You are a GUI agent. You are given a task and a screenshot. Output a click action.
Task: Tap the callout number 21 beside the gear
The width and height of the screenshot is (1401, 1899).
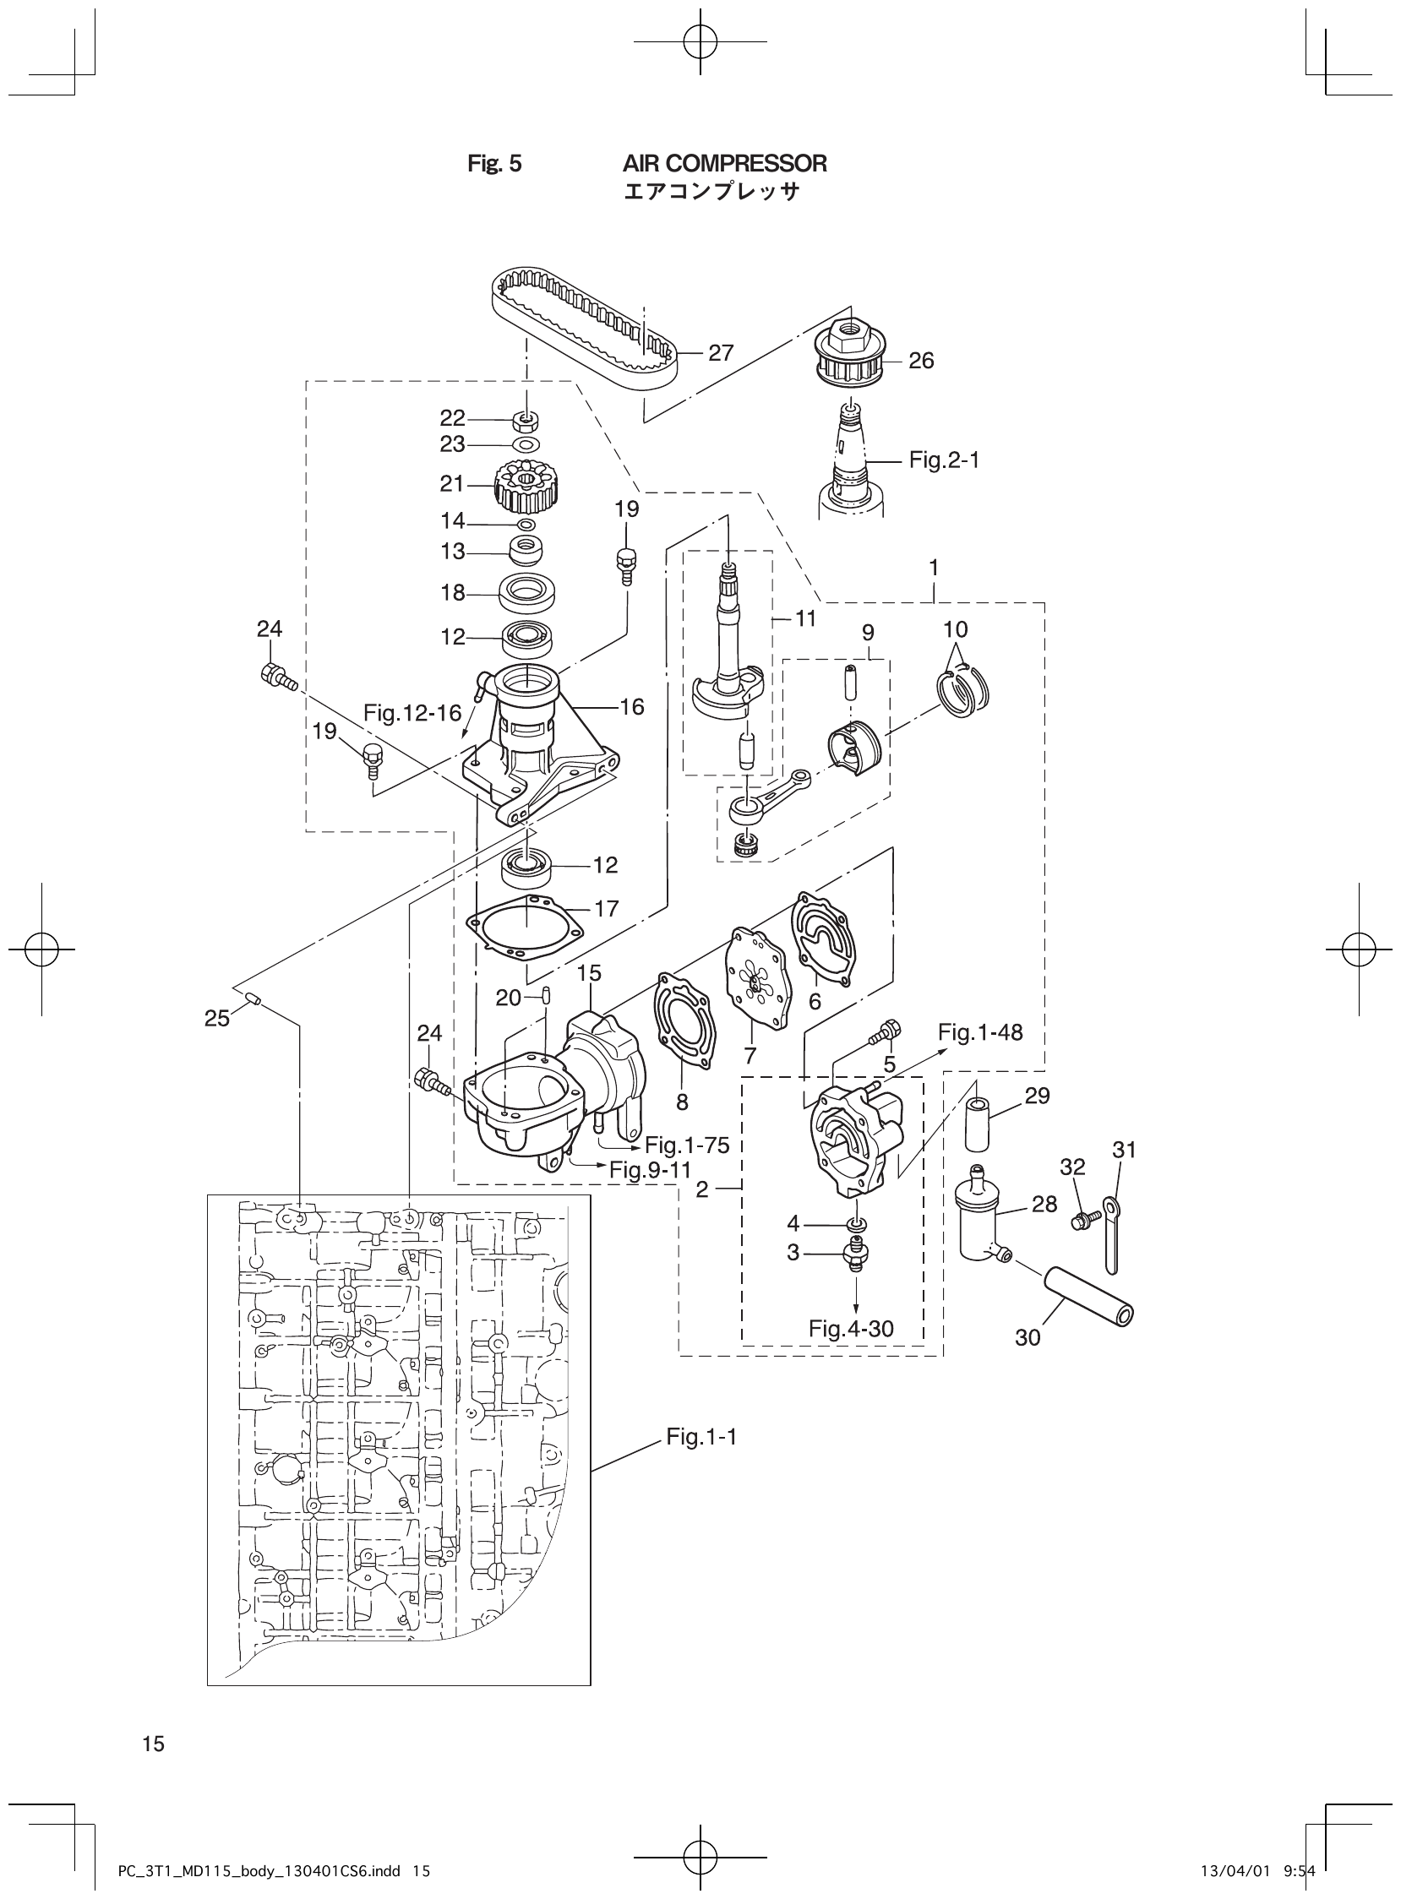pos(452,484)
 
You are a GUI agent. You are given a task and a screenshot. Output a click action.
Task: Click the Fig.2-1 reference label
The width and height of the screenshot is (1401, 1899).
pos(944,460)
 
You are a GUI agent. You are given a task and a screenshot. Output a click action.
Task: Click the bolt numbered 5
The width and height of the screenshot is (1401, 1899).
pos(883,1032)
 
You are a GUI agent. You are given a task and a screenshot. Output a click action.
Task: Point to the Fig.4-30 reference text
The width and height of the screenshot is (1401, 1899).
pos(851,1329)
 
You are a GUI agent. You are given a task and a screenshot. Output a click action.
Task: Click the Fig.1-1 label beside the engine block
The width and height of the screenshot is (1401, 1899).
pos(701,1436)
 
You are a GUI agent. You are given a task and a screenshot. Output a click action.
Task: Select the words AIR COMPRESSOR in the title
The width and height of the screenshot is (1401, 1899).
pos(724,164)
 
